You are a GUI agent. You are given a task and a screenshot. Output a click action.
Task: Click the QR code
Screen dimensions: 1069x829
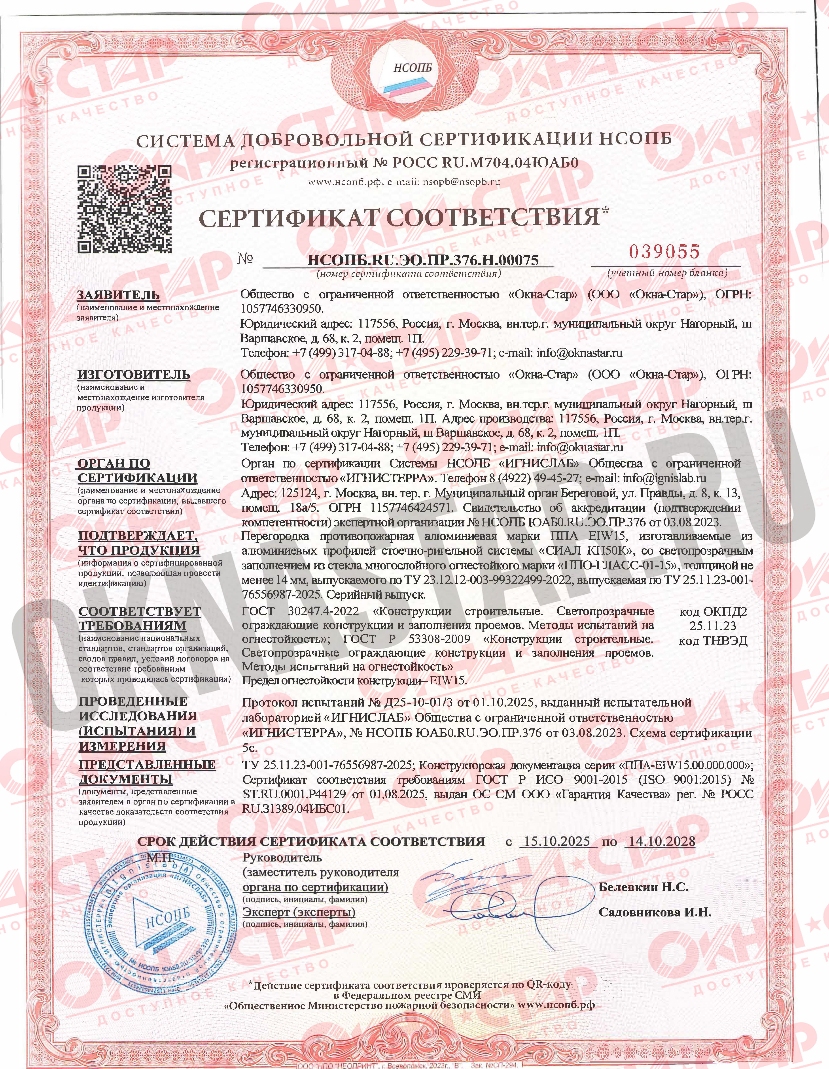pos(125,209)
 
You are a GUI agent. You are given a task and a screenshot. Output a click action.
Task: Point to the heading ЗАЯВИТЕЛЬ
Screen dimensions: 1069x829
pos(119,295)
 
